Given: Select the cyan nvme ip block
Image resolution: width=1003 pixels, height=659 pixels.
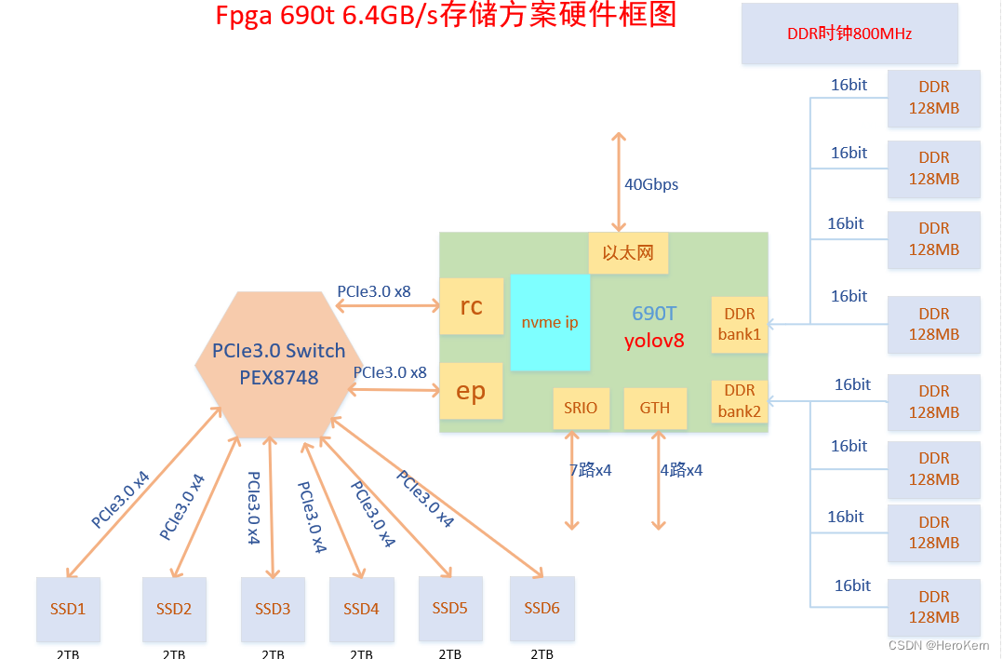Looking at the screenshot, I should pyautogui.click(x=550, y=322).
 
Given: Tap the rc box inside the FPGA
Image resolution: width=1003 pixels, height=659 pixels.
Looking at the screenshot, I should pyautogui.click(x=471, y=306).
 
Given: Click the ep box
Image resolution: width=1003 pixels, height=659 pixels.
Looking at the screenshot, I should pyautogui.click(x=471, y=391).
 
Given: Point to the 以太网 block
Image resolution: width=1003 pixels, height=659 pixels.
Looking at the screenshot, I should pyautogui.click(x=628, y=253).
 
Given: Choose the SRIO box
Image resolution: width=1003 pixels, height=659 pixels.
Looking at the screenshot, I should pyautogui.click(x=581, y=408).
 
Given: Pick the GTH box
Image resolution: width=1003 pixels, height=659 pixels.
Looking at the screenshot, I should pyautogui.click(x=655, y=408).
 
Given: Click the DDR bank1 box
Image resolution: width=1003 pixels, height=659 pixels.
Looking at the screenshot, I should pyautogui.click(x=740, y=325).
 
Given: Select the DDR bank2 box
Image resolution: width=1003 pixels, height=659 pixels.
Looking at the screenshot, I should pyautogui.click(x=740, y=401).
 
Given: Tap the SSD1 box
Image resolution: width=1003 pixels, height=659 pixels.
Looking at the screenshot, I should pyautogui.click(x=68, y=609).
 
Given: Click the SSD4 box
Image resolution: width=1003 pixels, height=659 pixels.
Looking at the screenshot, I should pyautogui.click(x=361, y=609).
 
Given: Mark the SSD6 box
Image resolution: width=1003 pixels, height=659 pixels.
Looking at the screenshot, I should pyautogui.click(x=542, y=608).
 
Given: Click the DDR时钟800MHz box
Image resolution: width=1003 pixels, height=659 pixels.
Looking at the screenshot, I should pyautogui.click(x=849, y=34).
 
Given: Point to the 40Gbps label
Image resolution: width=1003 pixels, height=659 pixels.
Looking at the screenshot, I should pyautogui.click(x=651, y=184).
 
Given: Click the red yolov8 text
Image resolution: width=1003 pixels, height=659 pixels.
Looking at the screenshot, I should pyautogui.click(x=654, y=341).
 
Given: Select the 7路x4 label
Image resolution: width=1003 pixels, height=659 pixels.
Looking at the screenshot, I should pyautogui.click(x=589, y=470).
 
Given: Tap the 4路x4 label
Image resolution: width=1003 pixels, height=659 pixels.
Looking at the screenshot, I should pyautogui.click(x=681, y=470).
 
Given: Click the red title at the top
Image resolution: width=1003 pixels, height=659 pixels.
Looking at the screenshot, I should pyautogui.click(x=446, y=16).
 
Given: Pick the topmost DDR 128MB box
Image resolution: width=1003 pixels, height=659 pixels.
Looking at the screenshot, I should pyautogui.click(x=933, y=98).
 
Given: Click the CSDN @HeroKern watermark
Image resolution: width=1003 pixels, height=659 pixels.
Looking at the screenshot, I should pyautogui.click(x=939, y=645).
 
